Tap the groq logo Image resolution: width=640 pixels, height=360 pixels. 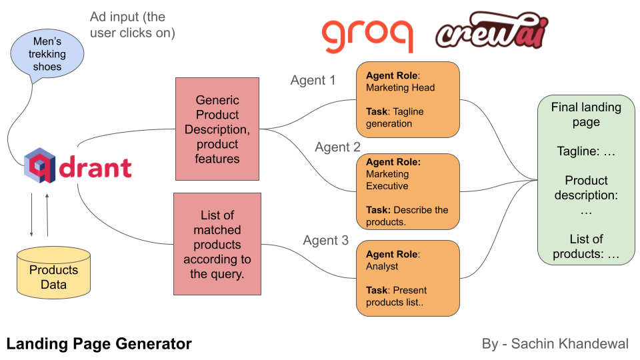pos(367,35)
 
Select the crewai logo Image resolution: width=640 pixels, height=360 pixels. pos(491,31)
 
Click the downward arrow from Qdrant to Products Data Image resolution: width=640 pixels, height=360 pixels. pos(31,215)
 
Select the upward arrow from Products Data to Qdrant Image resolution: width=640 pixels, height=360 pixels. pos(47,215)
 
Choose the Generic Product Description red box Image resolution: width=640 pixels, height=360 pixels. pos(217,129)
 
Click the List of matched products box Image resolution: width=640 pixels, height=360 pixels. pos(217,244)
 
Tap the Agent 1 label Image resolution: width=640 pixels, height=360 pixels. pos(313,81)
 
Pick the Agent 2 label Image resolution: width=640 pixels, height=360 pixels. pos(337,147)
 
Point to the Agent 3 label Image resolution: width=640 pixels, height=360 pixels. pos(325,241)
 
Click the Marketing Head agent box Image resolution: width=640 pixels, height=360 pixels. pos(408,98)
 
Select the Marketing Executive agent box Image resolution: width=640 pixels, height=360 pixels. pos(408,191)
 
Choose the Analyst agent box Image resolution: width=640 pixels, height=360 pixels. pos(408,278)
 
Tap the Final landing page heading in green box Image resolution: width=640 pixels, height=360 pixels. pos(586,114)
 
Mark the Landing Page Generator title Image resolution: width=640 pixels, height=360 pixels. pos(99,344)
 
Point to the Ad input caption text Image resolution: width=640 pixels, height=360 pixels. pos(132,25)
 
